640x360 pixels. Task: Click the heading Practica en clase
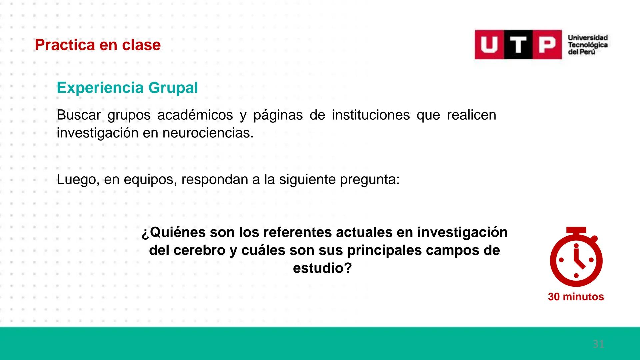tap(98, 45)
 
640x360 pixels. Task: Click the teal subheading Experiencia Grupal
tap(127, 88)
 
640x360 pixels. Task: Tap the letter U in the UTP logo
tap(489, 45)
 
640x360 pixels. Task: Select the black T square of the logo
tap(518, 45)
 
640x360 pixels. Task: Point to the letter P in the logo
tap(547, 45)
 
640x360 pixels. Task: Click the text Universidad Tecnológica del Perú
tap(588, 45)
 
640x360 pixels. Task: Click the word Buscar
tap(79, 115)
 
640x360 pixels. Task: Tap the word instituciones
tap(371, 115)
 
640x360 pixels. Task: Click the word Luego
tap(77, 180)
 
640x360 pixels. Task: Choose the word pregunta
tap(369, 180)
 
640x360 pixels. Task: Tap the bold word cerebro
tap(199, 250)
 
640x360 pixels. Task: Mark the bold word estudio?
tap(322, 268)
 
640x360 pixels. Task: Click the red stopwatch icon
tap(576, 258)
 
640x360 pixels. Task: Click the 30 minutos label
tap(576, 297)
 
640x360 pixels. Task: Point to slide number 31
tap(598, 344)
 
